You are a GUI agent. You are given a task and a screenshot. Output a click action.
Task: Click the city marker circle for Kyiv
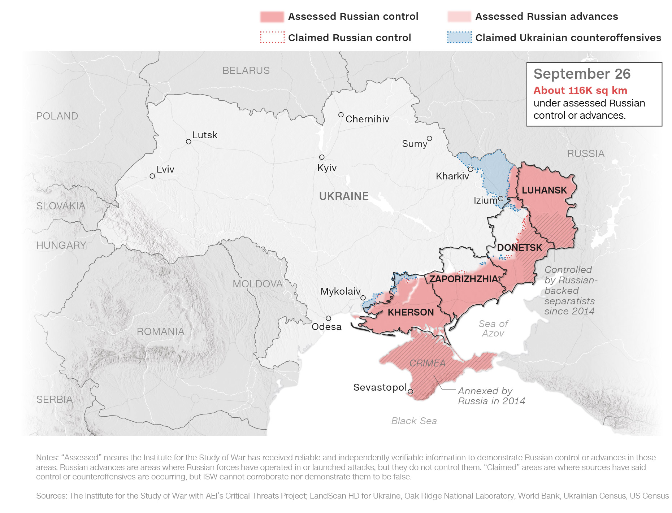322,157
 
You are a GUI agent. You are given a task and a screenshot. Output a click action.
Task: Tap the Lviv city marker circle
152,176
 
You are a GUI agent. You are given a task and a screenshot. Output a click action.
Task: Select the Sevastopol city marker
411,392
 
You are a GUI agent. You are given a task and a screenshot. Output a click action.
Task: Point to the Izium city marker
500,199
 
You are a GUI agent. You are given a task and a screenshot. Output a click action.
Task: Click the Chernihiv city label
367,119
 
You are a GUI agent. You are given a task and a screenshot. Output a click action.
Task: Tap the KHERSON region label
411,312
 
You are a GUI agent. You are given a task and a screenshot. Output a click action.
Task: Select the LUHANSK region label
544,190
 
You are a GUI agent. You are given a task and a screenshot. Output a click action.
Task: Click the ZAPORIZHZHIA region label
463,279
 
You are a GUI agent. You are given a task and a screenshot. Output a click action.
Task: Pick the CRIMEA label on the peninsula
427,363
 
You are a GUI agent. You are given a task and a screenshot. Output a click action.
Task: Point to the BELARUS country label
246,70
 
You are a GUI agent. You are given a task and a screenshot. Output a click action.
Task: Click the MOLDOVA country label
257,284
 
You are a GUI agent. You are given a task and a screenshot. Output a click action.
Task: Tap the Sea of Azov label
493,329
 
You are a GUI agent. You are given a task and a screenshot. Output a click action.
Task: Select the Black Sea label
414,421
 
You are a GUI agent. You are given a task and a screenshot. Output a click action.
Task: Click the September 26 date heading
582,74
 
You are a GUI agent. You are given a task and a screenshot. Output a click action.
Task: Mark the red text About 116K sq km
580,90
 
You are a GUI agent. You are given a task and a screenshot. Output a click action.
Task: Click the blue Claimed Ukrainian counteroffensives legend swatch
459,38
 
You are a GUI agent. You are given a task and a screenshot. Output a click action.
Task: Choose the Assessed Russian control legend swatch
272,17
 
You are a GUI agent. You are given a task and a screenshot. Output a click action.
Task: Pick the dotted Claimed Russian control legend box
272,38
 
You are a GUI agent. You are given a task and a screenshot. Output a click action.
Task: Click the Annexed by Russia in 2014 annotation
491,396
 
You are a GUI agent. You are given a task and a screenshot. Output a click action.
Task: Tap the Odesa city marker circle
328,318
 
